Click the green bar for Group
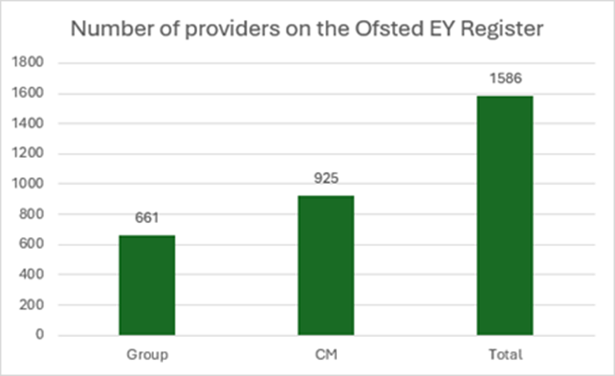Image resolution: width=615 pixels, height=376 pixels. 147,285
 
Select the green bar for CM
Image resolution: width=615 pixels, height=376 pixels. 326,265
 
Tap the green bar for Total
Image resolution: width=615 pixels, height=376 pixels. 504,215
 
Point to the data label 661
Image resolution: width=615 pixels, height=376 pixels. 147,219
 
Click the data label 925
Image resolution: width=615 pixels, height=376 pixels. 326,179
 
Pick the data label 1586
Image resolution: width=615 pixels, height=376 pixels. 505,79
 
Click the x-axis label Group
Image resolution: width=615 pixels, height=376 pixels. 147,355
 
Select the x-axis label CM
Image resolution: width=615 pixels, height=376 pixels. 326,355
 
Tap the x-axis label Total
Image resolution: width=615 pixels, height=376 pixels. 505,355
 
